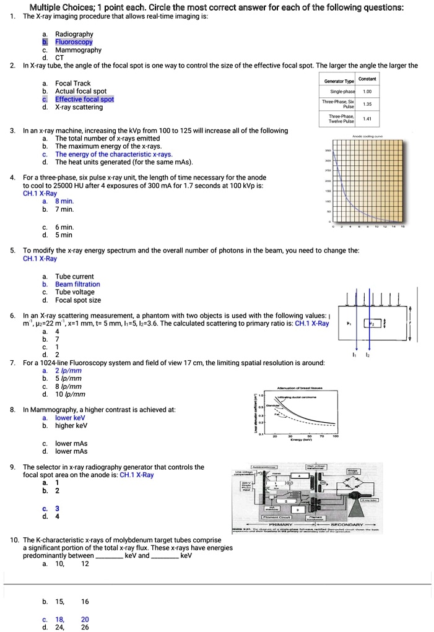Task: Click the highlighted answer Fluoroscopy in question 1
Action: click(74, 42)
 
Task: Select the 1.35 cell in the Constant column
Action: click(369, 105)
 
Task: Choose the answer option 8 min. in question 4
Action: click(65, 201)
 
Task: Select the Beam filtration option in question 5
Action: click(77, 284)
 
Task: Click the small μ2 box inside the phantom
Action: click(373, 323)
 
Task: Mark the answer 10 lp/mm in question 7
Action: click(71, 394)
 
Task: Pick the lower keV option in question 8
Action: click(70, 418)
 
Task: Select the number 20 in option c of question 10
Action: click(85, 619)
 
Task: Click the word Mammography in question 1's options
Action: click(78, 50)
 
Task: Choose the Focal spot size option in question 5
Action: click(78, 300)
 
